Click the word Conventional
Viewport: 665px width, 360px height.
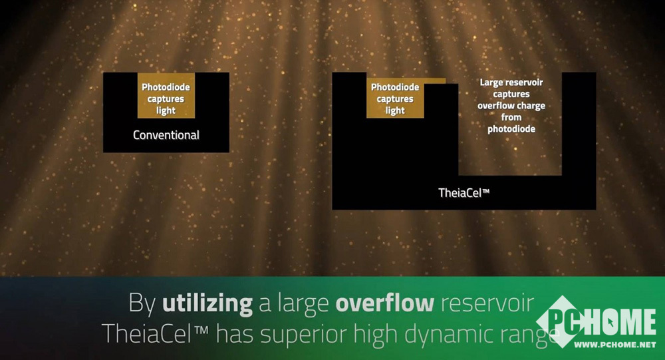tap(166, 135)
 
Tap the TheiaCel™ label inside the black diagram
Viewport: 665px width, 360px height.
tap(464, 193)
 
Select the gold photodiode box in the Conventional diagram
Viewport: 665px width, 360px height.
tap(166, 96)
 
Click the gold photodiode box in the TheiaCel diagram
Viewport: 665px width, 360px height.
tap(395, 98)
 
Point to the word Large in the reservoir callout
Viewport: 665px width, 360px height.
tap(491, 83)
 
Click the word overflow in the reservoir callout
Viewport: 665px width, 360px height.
tap(493, 106)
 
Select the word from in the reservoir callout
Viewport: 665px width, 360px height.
tap(511, 117)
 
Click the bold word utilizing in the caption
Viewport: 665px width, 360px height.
tap(207, 304)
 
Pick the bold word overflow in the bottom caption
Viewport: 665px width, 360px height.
tap(384, 303)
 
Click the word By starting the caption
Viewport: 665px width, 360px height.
tap(142, 304)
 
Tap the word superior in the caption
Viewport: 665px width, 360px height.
tap(304, 334)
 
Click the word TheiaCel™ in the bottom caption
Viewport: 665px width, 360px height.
tap(155, 333)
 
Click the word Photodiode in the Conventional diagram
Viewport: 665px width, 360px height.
tap(166, 87)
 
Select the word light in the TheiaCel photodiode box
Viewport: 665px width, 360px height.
tap(395, 111)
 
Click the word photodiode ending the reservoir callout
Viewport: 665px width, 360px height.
tap(511, 129)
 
